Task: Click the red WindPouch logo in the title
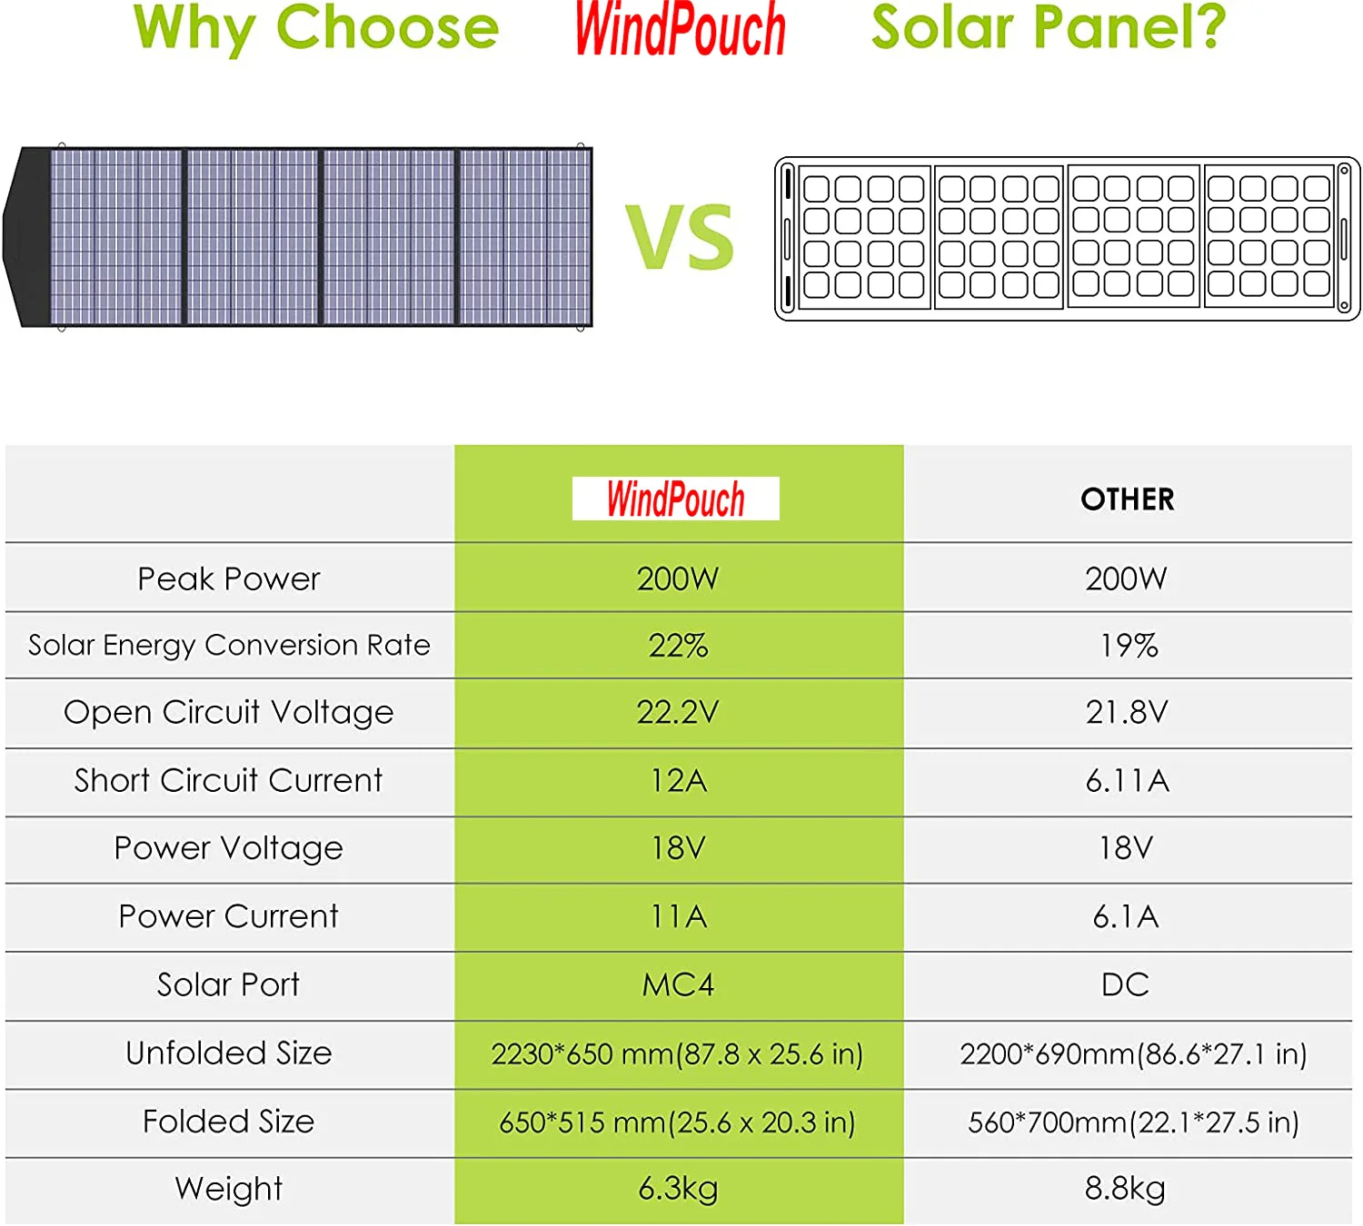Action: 680,29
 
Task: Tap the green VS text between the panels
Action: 680,238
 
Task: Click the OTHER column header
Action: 1127,499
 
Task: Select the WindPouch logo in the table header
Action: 676,499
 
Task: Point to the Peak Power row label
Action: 229,578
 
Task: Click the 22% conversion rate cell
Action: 678,646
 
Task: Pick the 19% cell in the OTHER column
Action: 1128,646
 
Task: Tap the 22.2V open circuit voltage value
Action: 678,712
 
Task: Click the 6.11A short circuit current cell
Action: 1127,780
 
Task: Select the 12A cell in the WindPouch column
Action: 678,780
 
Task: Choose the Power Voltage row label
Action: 229,848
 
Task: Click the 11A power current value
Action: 678,916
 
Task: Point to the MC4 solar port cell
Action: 678,984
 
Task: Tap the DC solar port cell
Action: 1125,984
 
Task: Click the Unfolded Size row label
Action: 229,1053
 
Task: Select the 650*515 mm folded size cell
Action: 677,1122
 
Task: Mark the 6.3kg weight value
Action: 678,1188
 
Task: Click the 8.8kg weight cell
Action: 1125,1188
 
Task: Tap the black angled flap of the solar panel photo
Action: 27,236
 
